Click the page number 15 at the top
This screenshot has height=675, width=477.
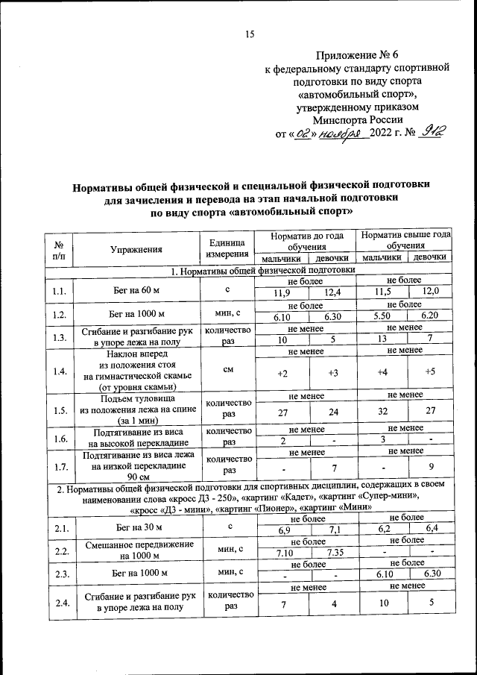[250, 32]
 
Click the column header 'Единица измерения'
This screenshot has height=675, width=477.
[227, 248]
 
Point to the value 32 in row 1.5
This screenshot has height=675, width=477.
[382, 412]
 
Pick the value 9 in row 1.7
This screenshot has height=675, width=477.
[430, 468]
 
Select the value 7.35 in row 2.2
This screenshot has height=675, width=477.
[334, 553]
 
